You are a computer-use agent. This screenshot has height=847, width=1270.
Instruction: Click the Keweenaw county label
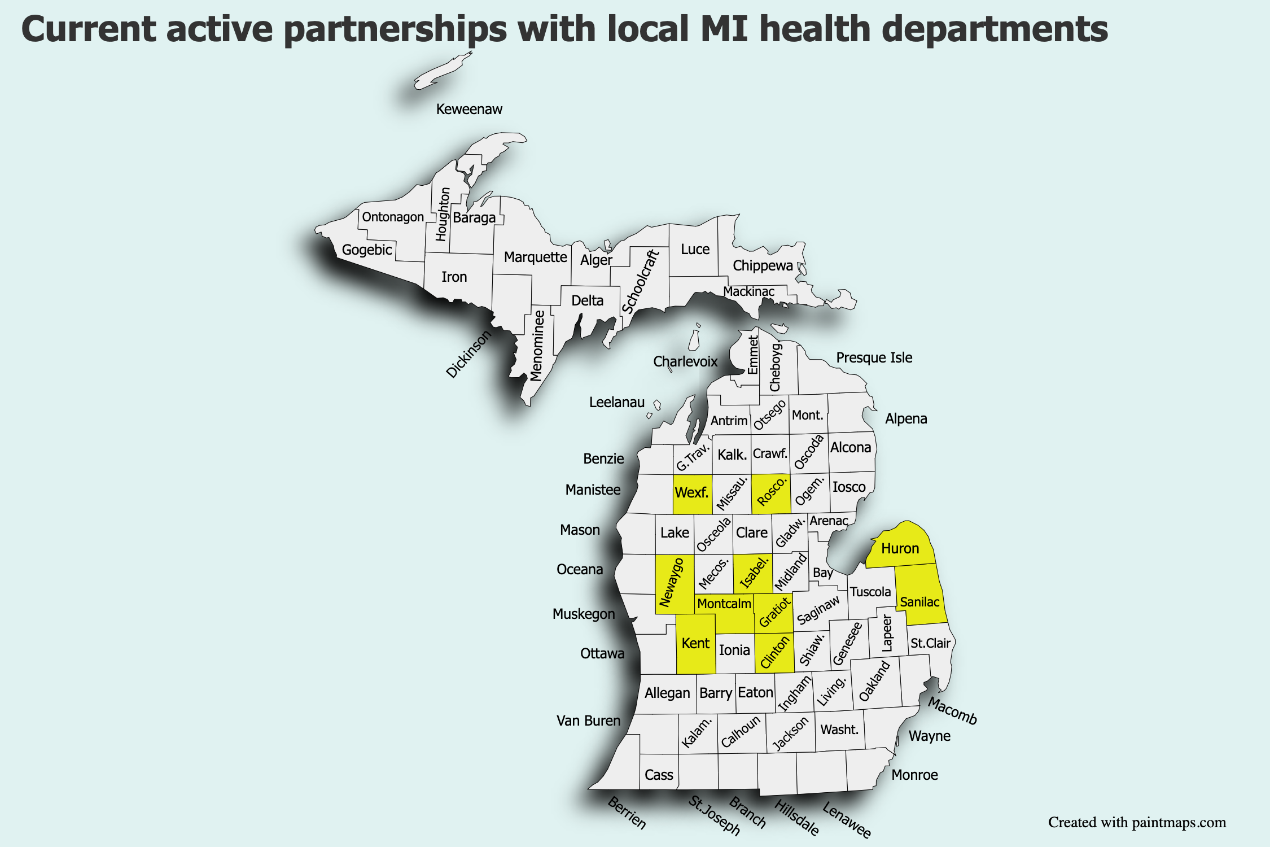click(x=469, y=109)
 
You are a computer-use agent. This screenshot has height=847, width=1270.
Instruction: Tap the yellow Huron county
click(x=900, y=548)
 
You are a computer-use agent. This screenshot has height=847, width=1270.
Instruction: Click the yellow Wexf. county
click(x=692, y=493)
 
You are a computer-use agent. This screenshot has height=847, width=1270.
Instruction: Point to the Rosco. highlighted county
click(x=771, y=492)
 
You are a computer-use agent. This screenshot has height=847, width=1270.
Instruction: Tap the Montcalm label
click(x=724, y=604)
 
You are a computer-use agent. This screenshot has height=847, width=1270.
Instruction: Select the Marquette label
click(x=535, y=257)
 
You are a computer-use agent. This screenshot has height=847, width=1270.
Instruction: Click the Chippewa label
click(x=763, y=265)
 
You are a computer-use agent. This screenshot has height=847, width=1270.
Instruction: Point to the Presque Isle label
click(x=874, y=357)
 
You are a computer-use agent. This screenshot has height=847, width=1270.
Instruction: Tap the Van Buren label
click(x=588, y=721)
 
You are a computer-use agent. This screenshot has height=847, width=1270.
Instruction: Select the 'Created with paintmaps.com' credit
click(x=1137, y=822)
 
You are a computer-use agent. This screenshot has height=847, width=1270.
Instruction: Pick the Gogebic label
click(x=367, y=250)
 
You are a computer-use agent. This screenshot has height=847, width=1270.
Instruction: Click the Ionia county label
click(x=734, y=650)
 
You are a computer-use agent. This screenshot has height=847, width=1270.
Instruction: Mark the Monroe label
click(x=914, y=775)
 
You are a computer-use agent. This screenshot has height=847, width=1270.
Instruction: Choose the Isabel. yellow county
click(x=754, y=573)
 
